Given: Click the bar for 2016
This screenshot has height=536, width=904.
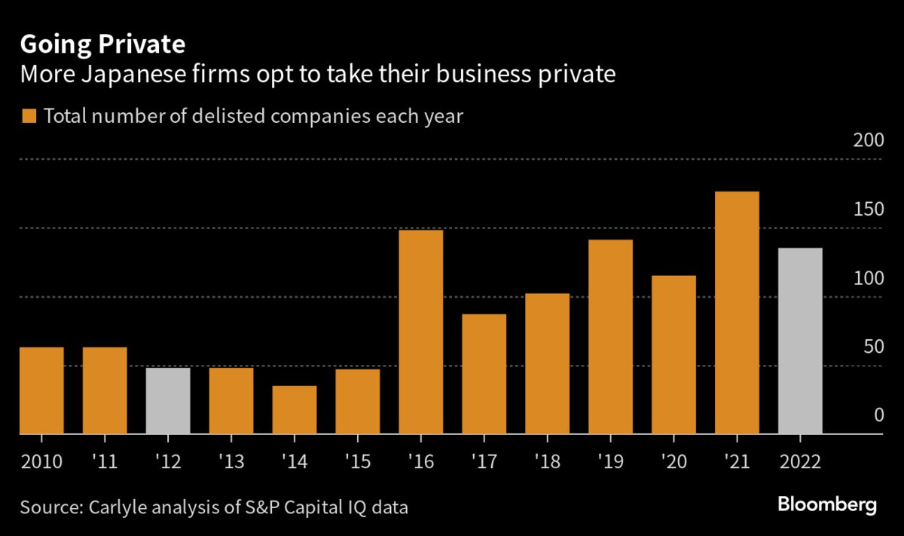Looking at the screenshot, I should [420, 332].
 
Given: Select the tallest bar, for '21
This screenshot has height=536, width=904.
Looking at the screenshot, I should [737, 313].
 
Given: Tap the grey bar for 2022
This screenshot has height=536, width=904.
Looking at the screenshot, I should [800, 341].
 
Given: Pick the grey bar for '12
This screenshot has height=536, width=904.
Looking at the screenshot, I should [167, 400].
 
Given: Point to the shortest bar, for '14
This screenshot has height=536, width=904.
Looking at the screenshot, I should [295, 409].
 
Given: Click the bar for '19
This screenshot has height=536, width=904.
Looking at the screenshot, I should [610, 337].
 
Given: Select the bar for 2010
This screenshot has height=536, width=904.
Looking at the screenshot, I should [41, 391].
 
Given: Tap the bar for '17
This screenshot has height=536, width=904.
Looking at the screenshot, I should [484, 374].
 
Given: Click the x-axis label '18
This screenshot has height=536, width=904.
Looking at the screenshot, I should [546, 460].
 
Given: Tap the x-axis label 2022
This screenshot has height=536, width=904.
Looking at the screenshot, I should [800, 460].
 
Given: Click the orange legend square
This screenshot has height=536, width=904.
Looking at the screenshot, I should [29, 116].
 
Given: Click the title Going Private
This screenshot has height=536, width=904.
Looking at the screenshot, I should [102, 44].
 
